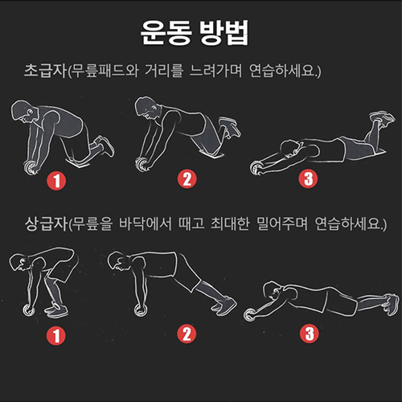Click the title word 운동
click(166, 33)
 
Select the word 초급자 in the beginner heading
click(45, 71)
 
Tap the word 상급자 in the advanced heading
click(46, 224)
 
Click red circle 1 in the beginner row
click(56, 181)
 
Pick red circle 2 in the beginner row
click(187, 179)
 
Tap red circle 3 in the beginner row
click(308, 178)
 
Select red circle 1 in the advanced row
click(56, 336)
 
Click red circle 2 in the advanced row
click(187, 334)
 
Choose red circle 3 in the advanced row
click(310, 334)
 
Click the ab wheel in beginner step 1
click(31, 167)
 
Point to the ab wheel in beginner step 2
click(142, 163)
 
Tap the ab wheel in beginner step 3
click(256, 168)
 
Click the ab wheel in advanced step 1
click(29, 310)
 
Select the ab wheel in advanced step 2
click(141, 310)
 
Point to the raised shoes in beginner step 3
click(382, 118)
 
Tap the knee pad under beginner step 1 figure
click(78, 162)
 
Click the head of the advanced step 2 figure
click(119, 260)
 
